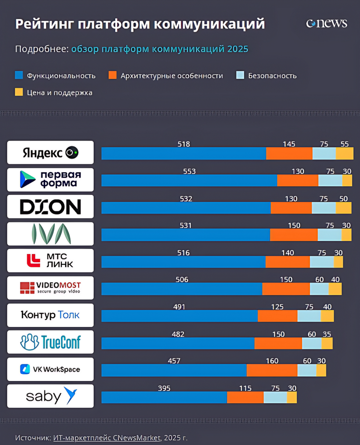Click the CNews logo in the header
coord(327,23)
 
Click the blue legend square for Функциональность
coord(19,75)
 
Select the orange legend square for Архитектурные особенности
coord(112,75)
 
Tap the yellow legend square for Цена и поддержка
coord(19,92)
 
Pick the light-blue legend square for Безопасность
coord(240,75)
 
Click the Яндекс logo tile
coord(50,152)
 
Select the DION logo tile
coord(50,207)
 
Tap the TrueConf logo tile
coord(50,342)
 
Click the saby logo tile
coord(50,396)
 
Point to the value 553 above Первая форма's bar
coord(189,172)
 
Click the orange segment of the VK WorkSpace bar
coord(272,370)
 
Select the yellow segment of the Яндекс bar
coord(344,154)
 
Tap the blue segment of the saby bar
coord(164,398)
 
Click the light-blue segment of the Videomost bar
coord(319,289)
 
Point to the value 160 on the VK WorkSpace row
coord(272,361)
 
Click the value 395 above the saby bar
coord(164,388)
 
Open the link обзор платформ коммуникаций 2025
coord(160,49)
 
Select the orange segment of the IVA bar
coord(294,235)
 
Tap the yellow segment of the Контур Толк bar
coord(327,316)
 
